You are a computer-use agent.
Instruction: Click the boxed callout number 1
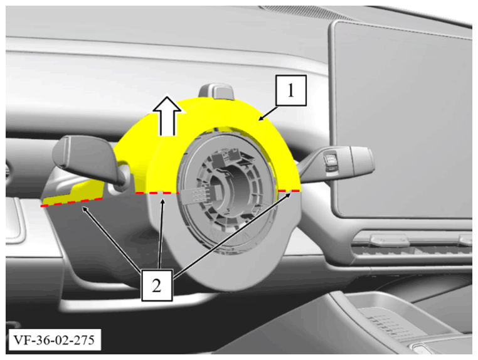click(x=290, y=90)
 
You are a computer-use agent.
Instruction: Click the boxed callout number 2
click(x=157, y=285)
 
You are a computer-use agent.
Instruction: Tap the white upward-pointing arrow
click(x=167, y=116)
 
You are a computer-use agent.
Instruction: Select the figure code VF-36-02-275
click(x=55, y=340)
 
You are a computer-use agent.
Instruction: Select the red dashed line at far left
click(x=72, y=202)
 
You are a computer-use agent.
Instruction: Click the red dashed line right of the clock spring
click(x=289, y=191)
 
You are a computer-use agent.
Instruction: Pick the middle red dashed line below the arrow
click(x=157, y=193)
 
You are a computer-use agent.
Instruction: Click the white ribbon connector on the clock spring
click(x=198, y=194)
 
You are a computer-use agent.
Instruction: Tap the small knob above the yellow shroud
click(x=217, y=92)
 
